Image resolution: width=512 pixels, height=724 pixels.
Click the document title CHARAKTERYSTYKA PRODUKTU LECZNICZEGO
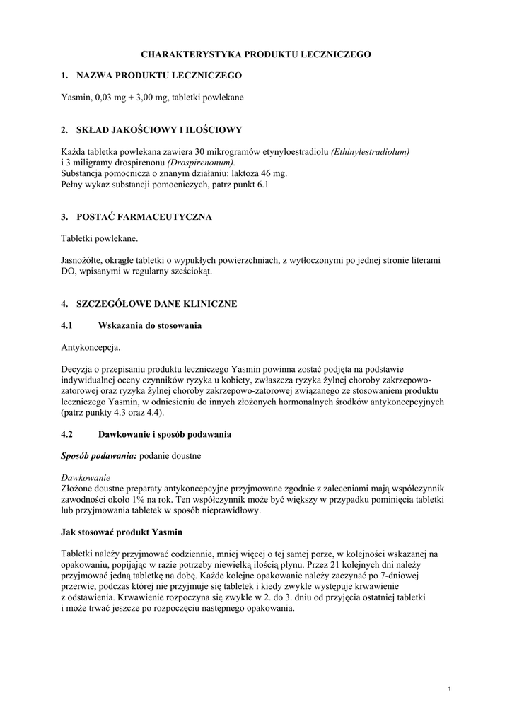[256, 54]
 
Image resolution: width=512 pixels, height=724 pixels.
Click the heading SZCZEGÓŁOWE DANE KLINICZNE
[156, 304]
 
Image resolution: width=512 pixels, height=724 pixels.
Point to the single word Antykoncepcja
[91, 347]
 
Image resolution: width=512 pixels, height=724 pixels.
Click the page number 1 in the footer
[450, 688]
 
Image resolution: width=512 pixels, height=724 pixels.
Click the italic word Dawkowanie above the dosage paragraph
[86, 478]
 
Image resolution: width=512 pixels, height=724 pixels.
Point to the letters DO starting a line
[69, 271]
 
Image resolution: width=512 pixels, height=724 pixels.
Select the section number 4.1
[68, 326]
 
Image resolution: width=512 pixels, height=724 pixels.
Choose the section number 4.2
[68, 433]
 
